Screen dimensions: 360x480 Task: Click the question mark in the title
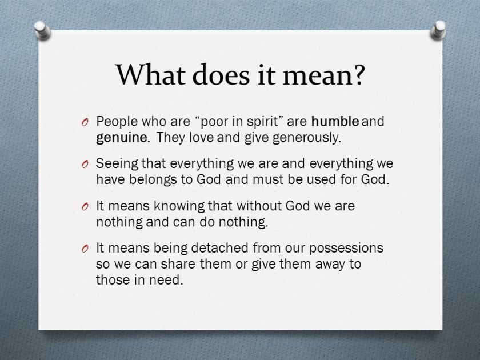[x=355, y=75]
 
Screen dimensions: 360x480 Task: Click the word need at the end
[x=169, y=280]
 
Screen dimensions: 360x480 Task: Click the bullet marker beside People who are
[x=85, y=122]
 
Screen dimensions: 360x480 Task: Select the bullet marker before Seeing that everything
[x=85, y=165]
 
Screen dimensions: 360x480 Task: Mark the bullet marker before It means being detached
[x=85, y=249]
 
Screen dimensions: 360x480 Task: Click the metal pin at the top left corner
[x=40, y=29]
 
